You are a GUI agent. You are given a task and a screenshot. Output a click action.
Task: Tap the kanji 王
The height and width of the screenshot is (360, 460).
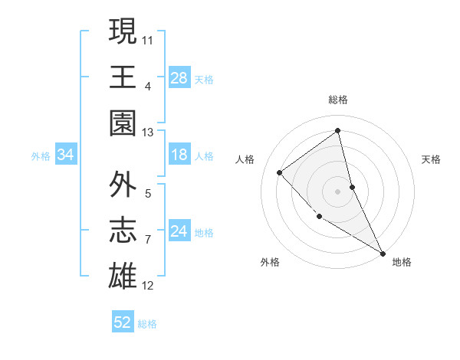(123, 77)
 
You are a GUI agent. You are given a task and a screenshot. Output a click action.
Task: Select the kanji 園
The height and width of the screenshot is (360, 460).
(123, 123)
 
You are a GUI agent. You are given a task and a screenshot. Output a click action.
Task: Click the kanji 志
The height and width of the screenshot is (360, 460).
(123, 231)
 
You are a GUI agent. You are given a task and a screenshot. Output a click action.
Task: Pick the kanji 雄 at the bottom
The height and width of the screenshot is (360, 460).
(123, 277)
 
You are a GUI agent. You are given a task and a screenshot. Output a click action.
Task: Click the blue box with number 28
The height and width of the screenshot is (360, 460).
(179, 77)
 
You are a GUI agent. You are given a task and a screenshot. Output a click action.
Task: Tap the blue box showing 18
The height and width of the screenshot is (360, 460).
(179, 155)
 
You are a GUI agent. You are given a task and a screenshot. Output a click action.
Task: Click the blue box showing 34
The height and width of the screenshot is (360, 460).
(65, 155)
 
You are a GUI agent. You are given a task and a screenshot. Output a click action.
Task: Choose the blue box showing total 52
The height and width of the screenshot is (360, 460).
(123, 322)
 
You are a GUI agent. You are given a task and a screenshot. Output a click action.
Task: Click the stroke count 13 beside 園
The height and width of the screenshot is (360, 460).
(148, 133)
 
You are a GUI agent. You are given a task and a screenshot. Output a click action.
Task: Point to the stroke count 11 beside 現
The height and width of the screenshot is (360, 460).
(148, 38)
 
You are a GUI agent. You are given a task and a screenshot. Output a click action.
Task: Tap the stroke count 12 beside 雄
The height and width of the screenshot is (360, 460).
(148, 286)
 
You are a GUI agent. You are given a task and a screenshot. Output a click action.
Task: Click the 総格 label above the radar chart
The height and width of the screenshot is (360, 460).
(338, 100)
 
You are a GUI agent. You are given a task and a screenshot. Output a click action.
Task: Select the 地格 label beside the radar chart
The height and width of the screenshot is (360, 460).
(402, 262)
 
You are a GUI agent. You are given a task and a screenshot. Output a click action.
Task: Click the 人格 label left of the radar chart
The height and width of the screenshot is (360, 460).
(245, 159)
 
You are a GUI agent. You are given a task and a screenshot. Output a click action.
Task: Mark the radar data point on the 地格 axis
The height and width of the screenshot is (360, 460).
(383, 253)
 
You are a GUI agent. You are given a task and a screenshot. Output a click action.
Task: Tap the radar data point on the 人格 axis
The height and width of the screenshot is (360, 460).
(280, 172)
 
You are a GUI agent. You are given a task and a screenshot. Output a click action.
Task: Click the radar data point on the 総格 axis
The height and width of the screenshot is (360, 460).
(338, 131)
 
